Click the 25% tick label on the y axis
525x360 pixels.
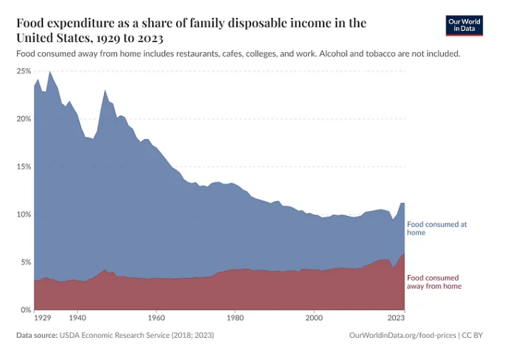coord(24,71)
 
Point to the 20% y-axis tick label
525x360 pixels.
coord(24,119)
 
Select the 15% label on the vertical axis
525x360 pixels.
coord(24,167)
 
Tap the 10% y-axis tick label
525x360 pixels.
coord(24,215)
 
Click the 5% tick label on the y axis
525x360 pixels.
coord(26,262)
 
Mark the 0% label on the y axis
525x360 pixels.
coord(26,310)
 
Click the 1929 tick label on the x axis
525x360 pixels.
coord(43,319)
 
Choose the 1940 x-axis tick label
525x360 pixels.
coord(78,319)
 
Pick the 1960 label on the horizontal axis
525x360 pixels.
coord(156,319)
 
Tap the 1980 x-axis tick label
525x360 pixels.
coord(235,319)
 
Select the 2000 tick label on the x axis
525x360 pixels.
coord(313,319)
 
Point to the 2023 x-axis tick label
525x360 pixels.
coord(397,319)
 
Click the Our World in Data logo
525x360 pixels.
coord(464,26)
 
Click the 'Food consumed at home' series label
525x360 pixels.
coord(437,228)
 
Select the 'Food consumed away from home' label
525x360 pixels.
coord(434,282)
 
